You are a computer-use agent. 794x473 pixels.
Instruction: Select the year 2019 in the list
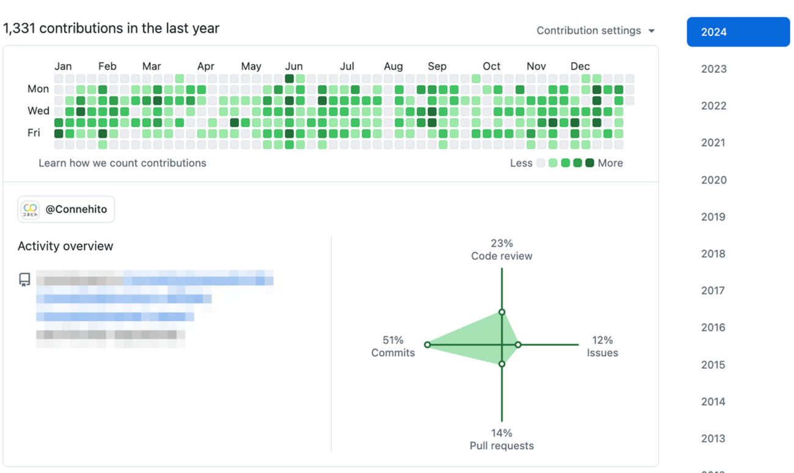[x=713, y=217]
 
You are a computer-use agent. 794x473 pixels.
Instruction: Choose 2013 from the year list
[x=713, y=439]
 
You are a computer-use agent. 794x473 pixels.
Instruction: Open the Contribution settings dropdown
[x=595, y=31]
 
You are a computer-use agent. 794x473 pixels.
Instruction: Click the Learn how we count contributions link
[x=122, y=163]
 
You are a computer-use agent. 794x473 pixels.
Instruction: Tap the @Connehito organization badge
[x=66, y=210]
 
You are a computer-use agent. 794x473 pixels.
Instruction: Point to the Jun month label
[x=294, y=67]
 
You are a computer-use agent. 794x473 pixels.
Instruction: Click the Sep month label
[x=437, y=67]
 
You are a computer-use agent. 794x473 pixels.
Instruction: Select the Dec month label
[x=580, y=67]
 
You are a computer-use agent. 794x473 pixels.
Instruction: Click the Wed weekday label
[x=38, y=111]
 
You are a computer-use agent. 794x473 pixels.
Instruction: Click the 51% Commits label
[x=393, y=346]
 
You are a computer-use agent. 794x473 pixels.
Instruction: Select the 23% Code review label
[x=501, y=250]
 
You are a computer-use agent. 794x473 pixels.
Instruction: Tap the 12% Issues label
[x=602, y=346]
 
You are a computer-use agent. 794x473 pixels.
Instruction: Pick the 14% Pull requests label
[x=501, y=439]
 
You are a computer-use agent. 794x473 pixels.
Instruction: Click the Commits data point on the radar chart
[x=427, y=345]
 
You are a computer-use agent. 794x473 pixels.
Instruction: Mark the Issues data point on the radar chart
[x=518, y=345]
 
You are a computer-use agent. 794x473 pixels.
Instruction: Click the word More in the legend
[x=610, y=163]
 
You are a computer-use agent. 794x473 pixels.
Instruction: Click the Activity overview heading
[x=65, y=246]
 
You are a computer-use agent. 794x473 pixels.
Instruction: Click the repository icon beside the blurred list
[x=24, y=280]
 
